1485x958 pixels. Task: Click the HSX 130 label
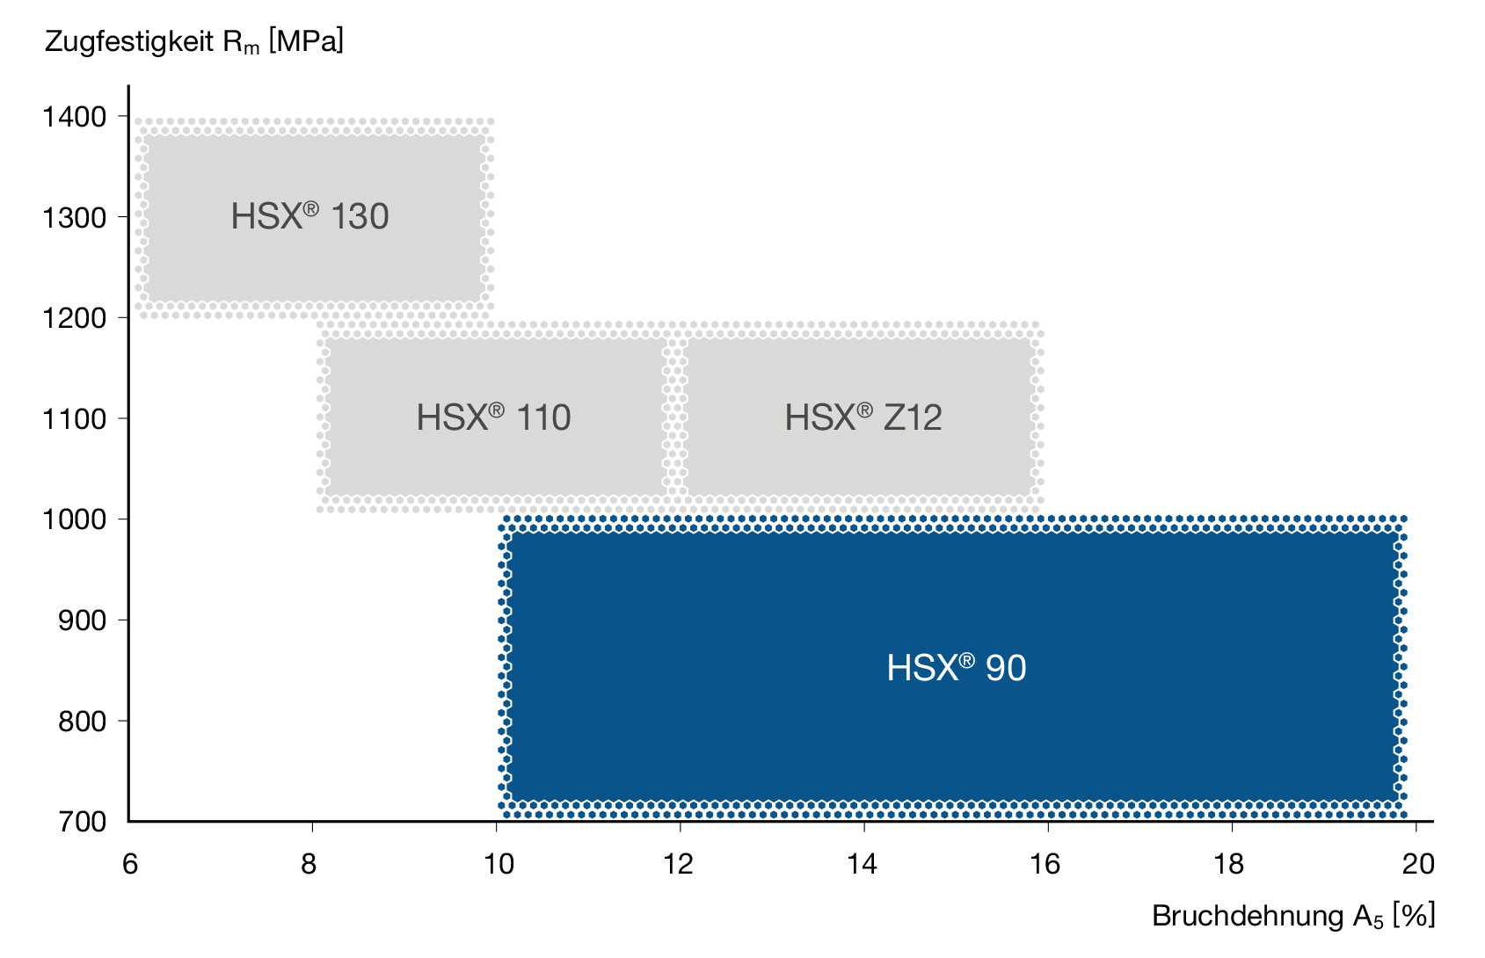pos(309,216)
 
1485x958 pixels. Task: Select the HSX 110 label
pos(493,417)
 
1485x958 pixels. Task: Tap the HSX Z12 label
pos(863,417)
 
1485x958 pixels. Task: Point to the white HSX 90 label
pos(956,667)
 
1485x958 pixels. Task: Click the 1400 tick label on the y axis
pos(74,117)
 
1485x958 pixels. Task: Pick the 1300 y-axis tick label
pos(74,218)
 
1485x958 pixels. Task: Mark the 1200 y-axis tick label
pos(74,319)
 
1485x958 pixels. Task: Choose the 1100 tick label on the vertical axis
pos(74,419)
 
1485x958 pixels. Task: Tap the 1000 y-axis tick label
pos(74,520)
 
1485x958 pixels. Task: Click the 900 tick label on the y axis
pos(82,621)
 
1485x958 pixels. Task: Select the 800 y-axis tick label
pos(82,722)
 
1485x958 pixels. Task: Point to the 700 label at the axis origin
pos(82,822)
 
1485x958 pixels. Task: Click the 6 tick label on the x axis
pos(130,864)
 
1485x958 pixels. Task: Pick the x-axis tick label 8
pos(309,864)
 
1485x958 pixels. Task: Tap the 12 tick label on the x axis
pos(678,864)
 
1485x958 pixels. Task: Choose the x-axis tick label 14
pos(862,864)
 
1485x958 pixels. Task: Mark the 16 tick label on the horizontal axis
pos(1045,864)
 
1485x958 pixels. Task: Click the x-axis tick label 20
pos(1419,864)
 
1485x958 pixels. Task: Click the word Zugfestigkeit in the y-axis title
pos(130,42)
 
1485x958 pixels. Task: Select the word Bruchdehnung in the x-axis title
pos(1248,916)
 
